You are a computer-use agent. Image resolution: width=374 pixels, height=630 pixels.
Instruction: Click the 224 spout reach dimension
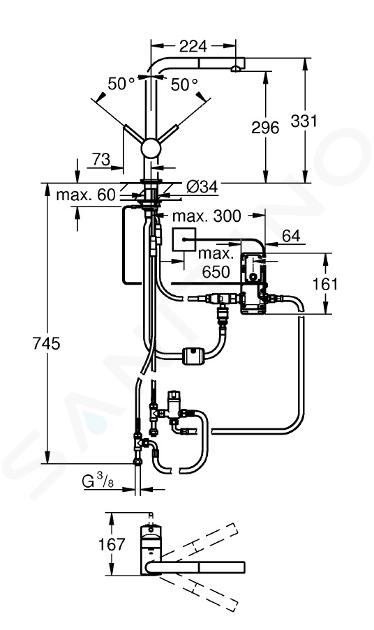(x=193, y=46)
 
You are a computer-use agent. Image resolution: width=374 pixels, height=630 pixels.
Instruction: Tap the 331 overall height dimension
(x=304, y=121)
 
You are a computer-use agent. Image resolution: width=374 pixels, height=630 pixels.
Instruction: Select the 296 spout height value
(x=265, y=127)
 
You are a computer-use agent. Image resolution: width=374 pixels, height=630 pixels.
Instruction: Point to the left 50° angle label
(x=121, y=84)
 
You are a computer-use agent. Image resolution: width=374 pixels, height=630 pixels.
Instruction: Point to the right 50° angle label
(x=185, y=84)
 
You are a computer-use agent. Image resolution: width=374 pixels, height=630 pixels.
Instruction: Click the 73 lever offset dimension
(x=101, y=160)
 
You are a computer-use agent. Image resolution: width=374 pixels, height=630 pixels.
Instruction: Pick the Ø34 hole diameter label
(x=202, y=186)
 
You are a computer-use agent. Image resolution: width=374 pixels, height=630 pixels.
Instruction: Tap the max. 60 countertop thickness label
(x=86, y=195)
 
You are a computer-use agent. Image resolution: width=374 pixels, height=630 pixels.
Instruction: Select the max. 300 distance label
(x=207, y=216)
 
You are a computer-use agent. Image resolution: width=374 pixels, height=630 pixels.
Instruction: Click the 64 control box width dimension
(x=291, y=236)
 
